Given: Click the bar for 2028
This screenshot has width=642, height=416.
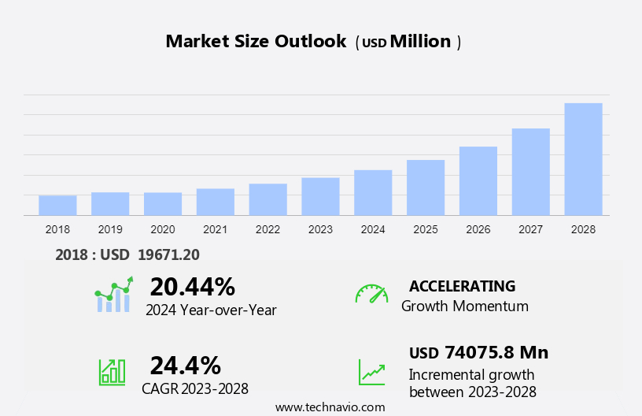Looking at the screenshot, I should [x=583, y=159].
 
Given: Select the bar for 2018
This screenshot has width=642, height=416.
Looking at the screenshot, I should [x=57, y=206].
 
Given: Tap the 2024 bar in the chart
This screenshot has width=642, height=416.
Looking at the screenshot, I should [x=373, y=193].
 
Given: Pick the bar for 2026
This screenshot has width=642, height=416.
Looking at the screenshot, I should [x=478, y=181].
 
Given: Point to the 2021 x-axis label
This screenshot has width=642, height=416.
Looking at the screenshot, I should [x=215, y=229].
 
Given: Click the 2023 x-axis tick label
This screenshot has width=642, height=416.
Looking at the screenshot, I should [x=320, y=229].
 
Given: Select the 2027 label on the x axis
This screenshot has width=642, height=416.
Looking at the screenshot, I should [x=531, y=229].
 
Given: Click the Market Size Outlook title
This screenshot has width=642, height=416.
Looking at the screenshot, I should [x=256, y=42].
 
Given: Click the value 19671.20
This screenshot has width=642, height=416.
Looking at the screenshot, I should [x=168, y=254].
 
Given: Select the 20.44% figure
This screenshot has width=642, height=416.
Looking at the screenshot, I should [x=192, y=287].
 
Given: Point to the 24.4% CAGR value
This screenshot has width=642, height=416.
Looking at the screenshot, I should [x=185, y=366].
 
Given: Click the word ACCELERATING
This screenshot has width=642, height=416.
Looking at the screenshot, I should [x=462, y=286].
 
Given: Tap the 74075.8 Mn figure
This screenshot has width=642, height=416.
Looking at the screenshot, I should [x=496, y=352].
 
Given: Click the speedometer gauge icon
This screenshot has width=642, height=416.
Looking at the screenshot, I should [x=371, y=294].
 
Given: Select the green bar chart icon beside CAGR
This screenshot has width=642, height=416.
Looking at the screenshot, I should [x=112, y=372].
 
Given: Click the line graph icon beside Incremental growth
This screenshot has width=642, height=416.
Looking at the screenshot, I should [x=371, y=372].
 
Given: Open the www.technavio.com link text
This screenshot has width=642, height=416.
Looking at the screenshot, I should [x=330, y=407].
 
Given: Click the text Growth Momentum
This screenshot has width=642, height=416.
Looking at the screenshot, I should [x=464, y=306].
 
